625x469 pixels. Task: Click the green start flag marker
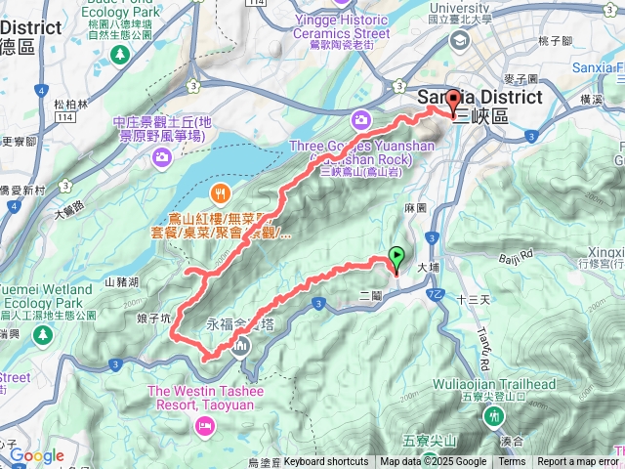pos(396,258)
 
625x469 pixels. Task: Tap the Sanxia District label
pos(479,98)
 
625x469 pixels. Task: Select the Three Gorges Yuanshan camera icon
pos(361,120)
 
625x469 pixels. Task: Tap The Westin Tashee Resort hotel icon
pos(204,424)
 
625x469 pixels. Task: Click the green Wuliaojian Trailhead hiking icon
pos(492,416)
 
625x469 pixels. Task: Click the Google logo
pos(37,455)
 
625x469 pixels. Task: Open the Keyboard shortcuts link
pos(326,462)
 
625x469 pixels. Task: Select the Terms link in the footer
pos(512,462)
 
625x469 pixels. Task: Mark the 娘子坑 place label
pos(152,318)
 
